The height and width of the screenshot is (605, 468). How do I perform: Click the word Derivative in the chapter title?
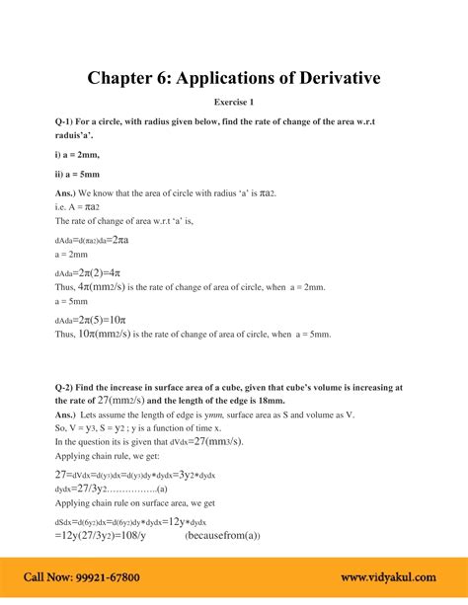click(325, 76)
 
